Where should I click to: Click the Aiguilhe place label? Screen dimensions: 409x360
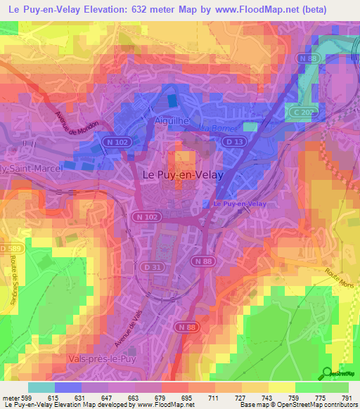tap(169, 121)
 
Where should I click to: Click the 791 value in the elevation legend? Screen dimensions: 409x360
tap(347, 398)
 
